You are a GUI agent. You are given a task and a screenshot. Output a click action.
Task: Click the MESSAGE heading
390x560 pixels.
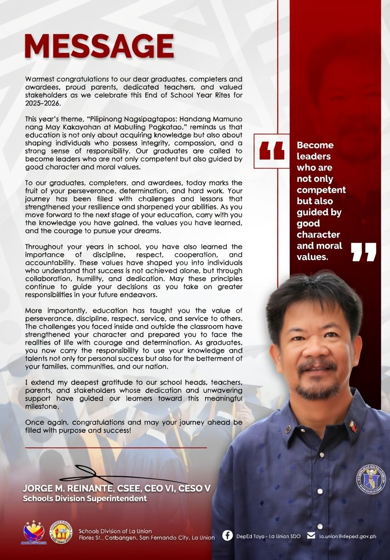tap(99, 46)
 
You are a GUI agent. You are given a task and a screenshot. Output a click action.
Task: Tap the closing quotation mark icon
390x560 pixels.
tap(363, 252)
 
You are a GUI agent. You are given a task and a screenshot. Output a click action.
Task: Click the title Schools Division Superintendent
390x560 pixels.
tap(85, 498)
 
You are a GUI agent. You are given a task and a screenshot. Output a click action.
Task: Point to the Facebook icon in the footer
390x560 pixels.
tap(227, 536)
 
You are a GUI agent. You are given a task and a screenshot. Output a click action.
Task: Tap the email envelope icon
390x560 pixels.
tap(311, 536)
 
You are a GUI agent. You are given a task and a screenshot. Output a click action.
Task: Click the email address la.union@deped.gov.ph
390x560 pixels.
tap(348, 536)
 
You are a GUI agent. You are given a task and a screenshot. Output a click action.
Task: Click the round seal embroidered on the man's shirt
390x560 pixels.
tap(371, 479)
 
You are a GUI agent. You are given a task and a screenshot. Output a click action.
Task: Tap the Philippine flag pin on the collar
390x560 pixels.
tap(353, 426)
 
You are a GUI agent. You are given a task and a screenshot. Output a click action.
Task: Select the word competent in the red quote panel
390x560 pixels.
tap(321, 190)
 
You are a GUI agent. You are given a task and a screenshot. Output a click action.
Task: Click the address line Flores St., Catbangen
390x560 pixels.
tap(120, 538)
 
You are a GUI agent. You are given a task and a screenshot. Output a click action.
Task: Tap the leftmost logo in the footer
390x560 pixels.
tap(34, 532)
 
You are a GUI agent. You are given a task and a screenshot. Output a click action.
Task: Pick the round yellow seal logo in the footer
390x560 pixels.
tap(61, 532)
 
